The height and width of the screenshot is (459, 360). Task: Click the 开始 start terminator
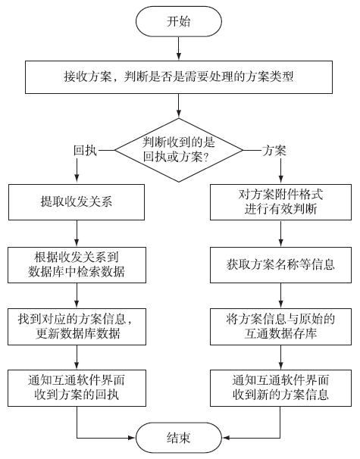click(x=179, y=22)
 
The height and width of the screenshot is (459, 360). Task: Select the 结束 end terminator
click(x=179, y=438)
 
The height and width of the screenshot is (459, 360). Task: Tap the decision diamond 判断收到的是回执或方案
click(x=179, y=150)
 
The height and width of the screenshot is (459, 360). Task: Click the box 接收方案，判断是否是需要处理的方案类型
click(x=179, y=77)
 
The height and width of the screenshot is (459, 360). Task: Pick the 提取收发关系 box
click(x=77, y=202)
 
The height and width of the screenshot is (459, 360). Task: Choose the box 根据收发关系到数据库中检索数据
click(x=77, y=265)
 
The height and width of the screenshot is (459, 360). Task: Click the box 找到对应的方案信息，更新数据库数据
click(x=77, y=326)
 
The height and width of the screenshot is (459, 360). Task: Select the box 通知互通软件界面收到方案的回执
click(x=77, y=388)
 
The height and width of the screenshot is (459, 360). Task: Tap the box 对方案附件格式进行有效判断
click(x=280, y=202)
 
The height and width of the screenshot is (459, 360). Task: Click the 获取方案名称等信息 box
click(x=280, y=265)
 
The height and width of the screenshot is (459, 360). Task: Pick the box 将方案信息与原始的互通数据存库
click(x=280, y=326)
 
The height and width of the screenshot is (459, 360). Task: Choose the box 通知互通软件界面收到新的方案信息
click(x=280, y=388)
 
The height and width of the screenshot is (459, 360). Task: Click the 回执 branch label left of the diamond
click(x=85, y=151)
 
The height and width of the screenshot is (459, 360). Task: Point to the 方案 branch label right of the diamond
click(x=274, y=151)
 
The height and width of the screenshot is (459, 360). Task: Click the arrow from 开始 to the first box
click(x=179, y=48)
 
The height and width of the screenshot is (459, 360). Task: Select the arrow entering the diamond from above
click(x=179, y=106)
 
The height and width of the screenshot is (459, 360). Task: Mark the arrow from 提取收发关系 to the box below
click(x=77, y=233)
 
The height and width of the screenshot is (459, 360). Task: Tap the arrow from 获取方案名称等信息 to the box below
click(x=280, y=295)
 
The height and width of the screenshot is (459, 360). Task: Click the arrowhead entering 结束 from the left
click(x=132, y=438)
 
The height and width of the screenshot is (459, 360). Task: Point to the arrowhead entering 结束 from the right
click(x=226, y=438)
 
